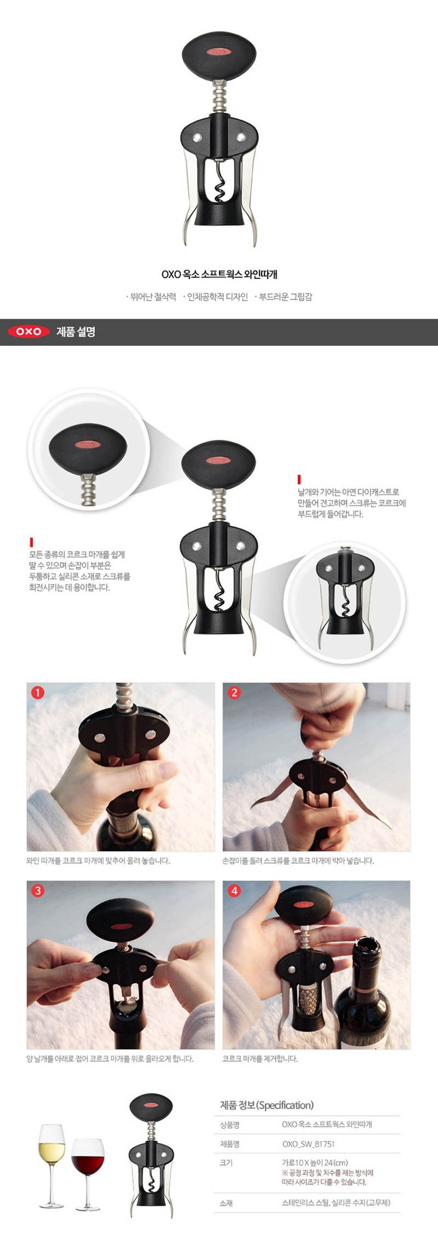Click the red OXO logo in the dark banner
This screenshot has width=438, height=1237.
[x=28, y=332]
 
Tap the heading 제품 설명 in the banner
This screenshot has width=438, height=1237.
[x=76, y=332]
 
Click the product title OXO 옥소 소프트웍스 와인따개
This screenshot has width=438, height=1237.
[x=219, y=274]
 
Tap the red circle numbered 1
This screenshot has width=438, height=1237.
[x=37, y=693]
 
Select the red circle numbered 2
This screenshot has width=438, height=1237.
[x=234, y=693]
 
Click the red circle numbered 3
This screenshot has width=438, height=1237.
[x=37, y=891]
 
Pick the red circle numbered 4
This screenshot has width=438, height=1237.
[x=234, y=891]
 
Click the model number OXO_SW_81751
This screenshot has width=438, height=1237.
[x=308, y=1144]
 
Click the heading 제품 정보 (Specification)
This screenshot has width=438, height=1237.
[x=267, y=1105]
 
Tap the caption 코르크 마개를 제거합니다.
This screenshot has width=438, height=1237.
[x=260, y=1059]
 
